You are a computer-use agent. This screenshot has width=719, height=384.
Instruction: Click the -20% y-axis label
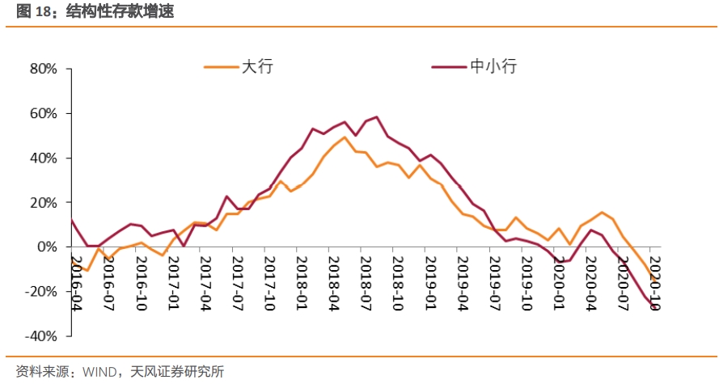[41, 291]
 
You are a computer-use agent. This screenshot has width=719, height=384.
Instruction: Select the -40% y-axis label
[41, 335]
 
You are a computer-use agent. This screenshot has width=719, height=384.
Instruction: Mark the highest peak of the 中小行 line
[377, 117]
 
